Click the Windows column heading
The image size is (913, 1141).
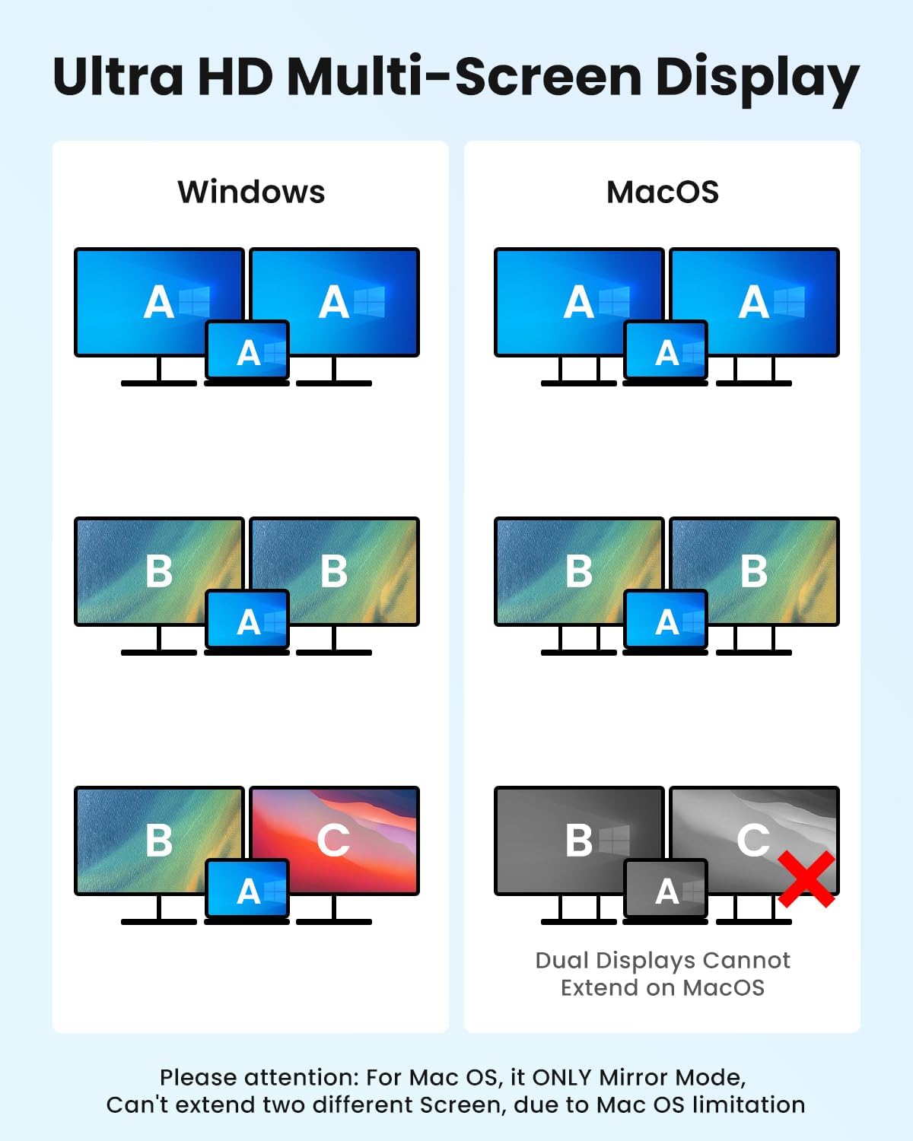(x=252, y=192)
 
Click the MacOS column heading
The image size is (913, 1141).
(x=663, y=192)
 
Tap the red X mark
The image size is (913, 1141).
(x=806, y=879)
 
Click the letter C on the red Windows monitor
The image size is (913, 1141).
(x=333, y=841)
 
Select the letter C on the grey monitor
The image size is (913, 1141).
(x=752, y=841)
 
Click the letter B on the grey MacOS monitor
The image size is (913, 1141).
(x=579, y=841)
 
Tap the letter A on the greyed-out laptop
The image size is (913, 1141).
(x=666, y=892)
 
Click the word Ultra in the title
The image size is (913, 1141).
(x=118, y=76)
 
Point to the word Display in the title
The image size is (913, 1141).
(x=757, y=80)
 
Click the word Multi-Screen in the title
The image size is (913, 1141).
(x=464, y=76)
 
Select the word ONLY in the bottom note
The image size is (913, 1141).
(x=561, y=1077)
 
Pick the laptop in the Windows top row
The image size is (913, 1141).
(x=247, y=353)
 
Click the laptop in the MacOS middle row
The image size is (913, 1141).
(x=666, y=622)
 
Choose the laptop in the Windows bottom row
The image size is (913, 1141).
(x=247, y=892)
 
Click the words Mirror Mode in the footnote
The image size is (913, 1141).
(x=672, y=1077)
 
